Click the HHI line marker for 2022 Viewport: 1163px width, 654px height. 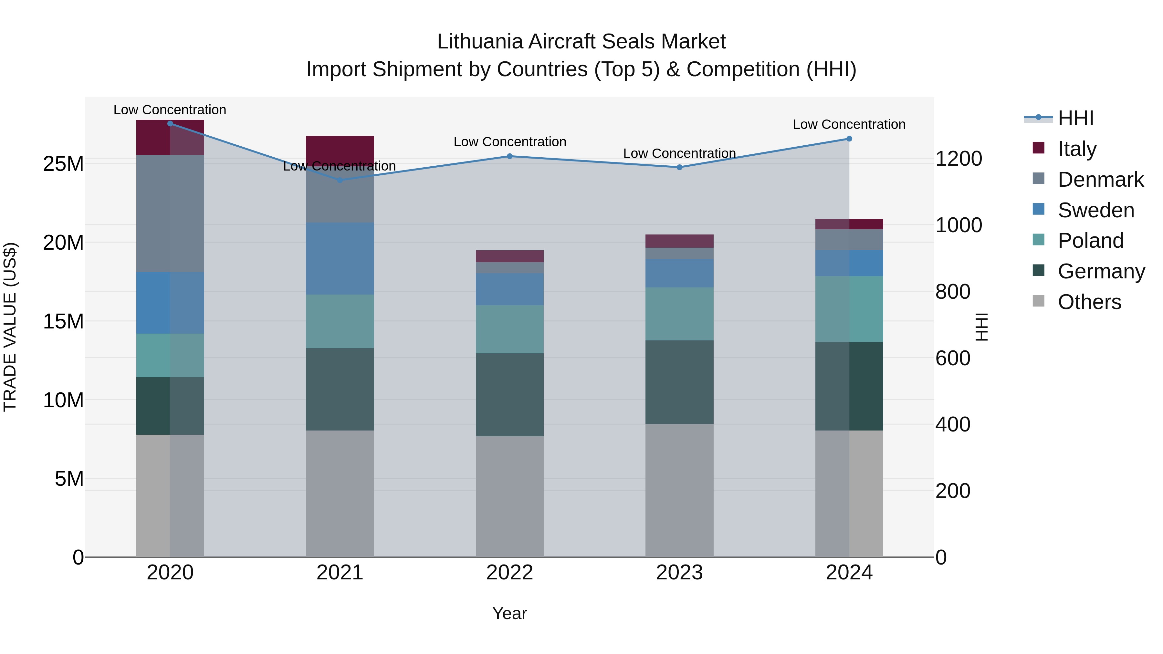point(510,156)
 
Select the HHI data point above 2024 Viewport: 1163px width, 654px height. point(849,139)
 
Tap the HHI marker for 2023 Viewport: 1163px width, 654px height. point(679,167)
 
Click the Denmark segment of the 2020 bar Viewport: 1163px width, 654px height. point(170,213)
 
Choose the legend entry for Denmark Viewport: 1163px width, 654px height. point(1100,180)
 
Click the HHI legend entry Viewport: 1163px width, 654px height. point(1075,118)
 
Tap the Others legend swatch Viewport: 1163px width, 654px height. point(1038,301)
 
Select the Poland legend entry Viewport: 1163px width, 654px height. point(1090,241)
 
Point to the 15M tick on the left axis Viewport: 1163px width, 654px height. point(63,321)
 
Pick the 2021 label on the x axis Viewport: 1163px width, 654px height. point(340,573)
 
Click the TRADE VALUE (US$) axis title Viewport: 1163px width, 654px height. point(10,327)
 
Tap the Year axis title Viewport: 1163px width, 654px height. point(510,613)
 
